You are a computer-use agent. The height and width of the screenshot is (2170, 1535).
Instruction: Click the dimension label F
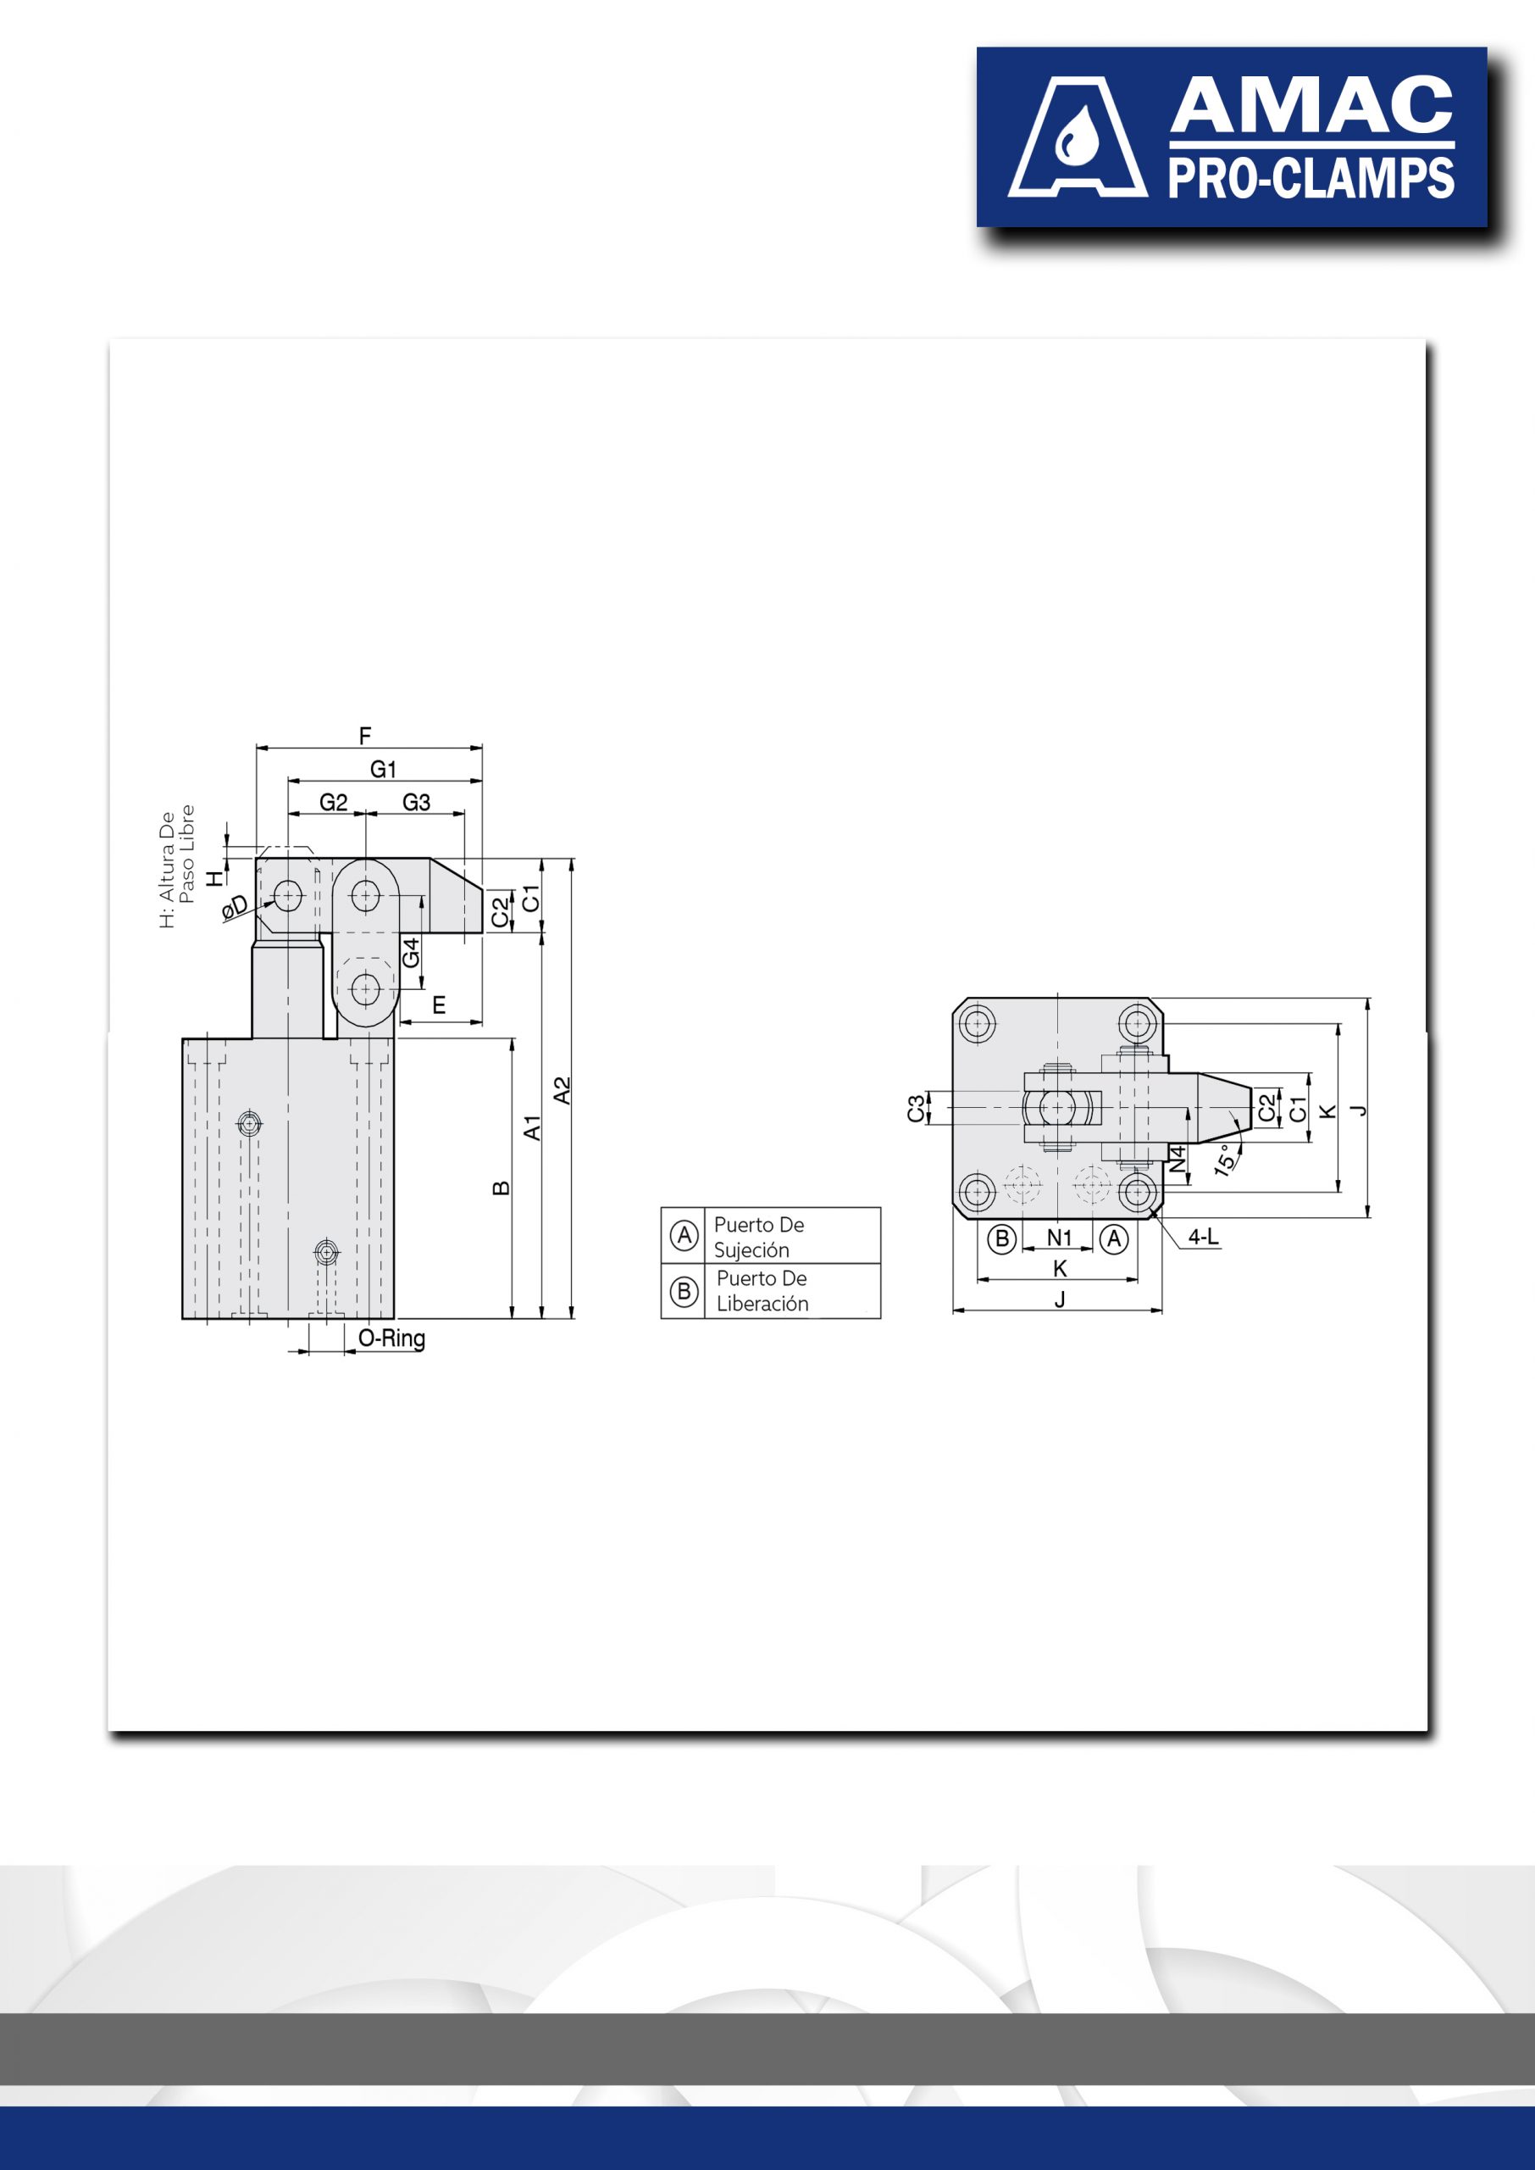[x=365, y=736]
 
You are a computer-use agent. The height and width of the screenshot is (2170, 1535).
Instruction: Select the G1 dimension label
[x=383, y=770]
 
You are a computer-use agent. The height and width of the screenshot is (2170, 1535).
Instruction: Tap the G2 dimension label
[x=334, y=803]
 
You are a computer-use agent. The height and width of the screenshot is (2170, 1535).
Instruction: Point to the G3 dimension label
[x=416, y=803]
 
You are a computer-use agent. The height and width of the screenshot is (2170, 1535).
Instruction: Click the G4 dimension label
[x=410, y=952]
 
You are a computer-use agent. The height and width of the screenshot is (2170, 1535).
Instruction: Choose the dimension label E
[x=439, y=1005]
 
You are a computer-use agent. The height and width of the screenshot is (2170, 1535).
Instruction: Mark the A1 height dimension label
[x=532, y=1127]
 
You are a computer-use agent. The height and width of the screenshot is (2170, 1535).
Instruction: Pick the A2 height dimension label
[x=562, y=1090]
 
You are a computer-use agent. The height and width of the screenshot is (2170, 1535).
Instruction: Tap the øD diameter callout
[x=235, y=907]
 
